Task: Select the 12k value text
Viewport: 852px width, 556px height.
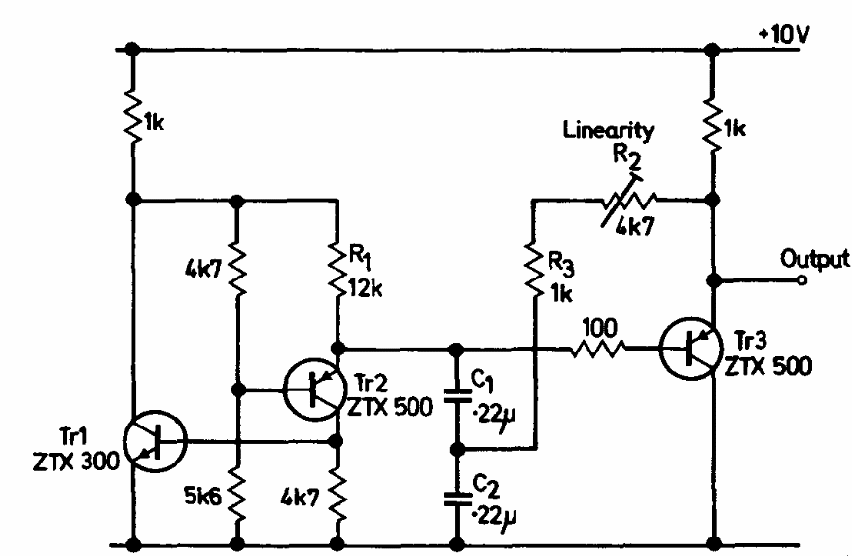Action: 371,285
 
